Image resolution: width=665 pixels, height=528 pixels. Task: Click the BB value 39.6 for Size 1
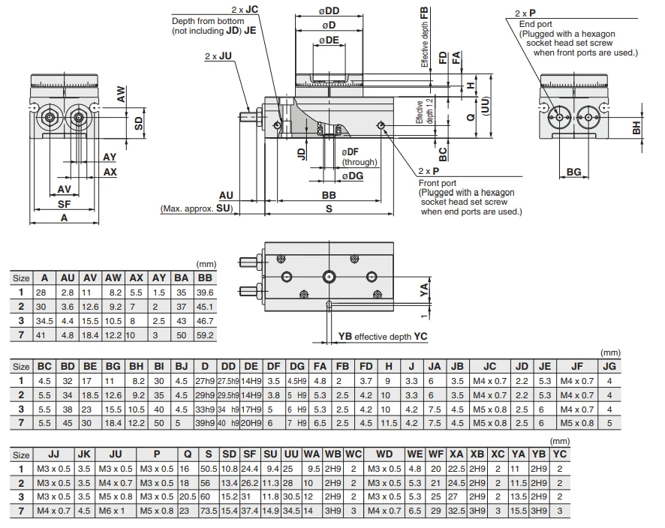205,292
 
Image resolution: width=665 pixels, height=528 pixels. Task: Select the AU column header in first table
68,278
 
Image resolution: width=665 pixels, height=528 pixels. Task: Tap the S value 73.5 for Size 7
209,511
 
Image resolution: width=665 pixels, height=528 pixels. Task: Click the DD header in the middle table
228,367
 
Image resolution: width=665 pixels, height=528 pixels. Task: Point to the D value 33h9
205,409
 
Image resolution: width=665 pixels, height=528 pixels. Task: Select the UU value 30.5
291,496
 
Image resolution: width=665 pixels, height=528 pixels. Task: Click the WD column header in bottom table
384,454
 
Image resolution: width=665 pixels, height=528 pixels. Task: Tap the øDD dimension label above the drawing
329,11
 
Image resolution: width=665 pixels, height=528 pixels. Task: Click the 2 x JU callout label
218,56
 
